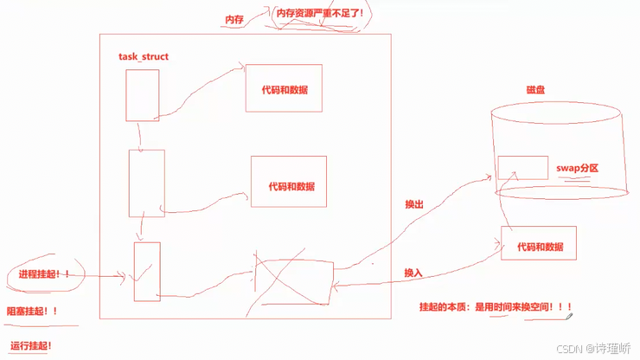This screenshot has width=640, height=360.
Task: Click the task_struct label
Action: [x=144, y=56]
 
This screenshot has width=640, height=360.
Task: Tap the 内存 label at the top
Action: [x=234, y=16]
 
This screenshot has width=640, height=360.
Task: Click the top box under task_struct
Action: [x=142, y=95]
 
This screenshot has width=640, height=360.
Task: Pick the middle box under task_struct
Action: [x=146, y=183]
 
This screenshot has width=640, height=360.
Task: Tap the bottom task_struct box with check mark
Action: [x=147, y=272]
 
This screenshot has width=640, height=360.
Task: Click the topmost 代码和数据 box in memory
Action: [x=284, y=88]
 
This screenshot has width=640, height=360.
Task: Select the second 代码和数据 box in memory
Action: [x=288, y=182]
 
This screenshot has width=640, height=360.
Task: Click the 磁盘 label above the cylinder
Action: [x=535, y=90]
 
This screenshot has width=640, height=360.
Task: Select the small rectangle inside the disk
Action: [x=522, y=168]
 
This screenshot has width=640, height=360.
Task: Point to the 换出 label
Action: [x=414, y=205]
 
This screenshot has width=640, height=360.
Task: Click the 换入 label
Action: [x=413, y=273]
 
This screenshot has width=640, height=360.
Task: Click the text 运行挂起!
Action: [x=31, y=345]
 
